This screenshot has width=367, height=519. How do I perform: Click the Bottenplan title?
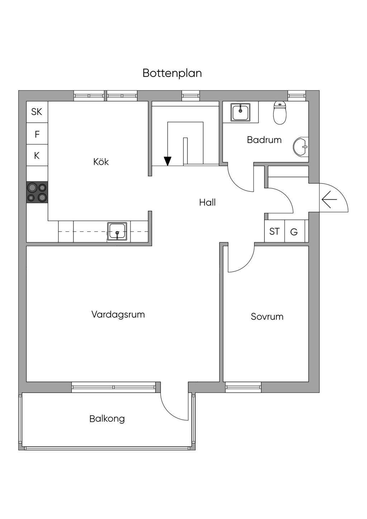coord(172,73)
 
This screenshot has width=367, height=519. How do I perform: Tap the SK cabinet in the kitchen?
coord(37,112)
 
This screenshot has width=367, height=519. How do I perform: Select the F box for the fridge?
coord(37,134)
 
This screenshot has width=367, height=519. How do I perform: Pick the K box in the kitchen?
coord(37,156)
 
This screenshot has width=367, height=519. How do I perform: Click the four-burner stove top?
coord(37,192)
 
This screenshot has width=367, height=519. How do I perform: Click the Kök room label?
coord(101,162)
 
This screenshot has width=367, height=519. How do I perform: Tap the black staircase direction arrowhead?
coord(167,161)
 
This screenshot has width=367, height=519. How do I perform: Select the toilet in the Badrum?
coord(280,113)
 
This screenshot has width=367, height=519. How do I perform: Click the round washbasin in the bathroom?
coord(301,147)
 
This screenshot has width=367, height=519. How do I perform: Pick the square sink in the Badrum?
coord(240,112)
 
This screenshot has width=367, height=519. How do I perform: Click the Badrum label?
coord(264,140)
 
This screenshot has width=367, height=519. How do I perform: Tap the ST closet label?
coord(275,232)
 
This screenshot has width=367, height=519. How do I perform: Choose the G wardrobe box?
coord(294,232)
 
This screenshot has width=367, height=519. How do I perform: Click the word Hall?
coord(207,203)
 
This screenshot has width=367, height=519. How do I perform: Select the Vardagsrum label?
coord(118,315)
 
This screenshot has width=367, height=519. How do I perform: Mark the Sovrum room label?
coord(267,316)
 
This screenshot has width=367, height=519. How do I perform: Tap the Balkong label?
coord(107,419)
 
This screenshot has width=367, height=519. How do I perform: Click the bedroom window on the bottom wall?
coord(243,387)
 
